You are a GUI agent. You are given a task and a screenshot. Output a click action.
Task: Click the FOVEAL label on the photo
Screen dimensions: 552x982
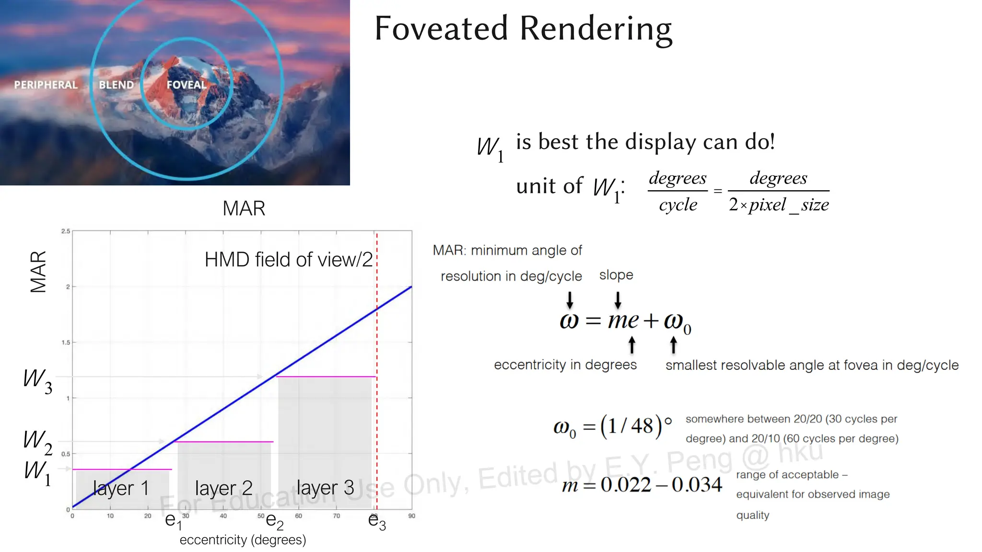pyautogui.click(x=186, y=85)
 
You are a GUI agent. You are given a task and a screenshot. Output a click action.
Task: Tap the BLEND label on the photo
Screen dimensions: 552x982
pyautogui.click(x=116, y=85)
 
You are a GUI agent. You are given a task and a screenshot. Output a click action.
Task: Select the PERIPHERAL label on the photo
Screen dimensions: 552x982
pyautogui.click(x=46, y=85)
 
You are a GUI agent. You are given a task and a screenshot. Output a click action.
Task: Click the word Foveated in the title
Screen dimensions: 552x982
pyautogui.click(x=441, y=28)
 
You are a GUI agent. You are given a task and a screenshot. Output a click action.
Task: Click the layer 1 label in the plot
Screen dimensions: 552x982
pyautogui.click(x=120, y=488)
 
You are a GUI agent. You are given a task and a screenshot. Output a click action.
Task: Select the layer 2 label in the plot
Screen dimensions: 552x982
pyautogui.click(x=223, y=488)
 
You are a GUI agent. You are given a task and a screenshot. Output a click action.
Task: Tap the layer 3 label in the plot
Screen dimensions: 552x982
pyautogui.click(x=325, y=488)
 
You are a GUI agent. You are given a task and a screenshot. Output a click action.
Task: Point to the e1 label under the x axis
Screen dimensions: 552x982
pyautogui.click(x=173, y=521)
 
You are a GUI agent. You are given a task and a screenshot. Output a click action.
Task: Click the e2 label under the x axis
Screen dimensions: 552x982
pyautogui.click(x=274, y=521)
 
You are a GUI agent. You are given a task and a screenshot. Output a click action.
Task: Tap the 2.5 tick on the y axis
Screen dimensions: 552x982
pyautogui.click(x=66, y=231)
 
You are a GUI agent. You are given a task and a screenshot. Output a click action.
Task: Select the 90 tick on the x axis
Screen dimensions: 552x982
pyautogui.click(x=411, y=516)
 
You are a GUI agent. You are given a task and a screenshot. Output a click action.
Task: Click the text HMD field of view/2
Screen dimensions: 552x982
pyautogui.click(x=288, y=260)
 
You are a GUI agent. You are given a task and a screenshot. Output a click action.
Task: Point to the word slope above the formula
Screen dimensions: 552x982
pyautogui.click(x=616, y=275)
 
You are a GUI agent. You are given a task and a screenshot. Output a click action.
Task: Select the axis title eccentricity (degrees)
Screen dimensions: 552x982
pyautogui.click(x=243, y=540)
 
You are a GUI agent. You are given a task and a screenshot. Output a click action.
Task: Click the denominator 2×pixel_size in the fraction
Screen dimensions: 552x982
pyautogui.click(x=779, y=205)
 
